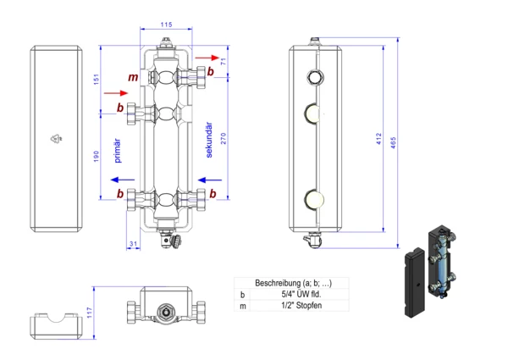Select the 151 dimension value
(x=97, y=79)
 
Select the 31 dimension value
(x=133, y=245)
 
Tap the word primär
(x=118, y=149)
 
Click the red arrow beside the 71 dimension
(x=204, y=57)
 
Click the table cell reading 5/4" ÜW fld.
(x=300, y=294)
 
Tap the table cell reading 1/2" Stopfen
(x=300, y=305)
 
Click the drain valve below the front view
(x=176, y=243)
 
